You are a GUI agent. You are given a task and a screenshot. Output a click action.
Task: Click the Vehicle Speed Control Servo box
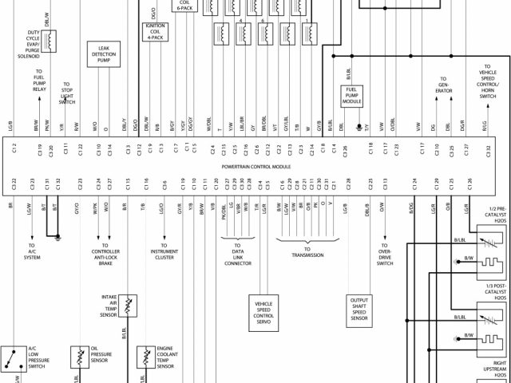point(264,310)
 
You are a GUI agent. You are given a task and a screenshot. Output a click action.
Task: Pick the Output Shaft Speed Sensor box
point(359,309)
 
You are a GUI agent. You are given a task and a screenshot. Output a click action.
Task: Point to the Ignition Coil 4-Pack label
point(155,31)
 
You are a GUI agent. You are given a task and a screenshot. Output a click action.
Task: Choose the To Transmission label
point(307,255)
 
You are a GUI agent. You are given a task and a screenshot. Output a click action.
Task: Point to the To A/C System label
point(32,252)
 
